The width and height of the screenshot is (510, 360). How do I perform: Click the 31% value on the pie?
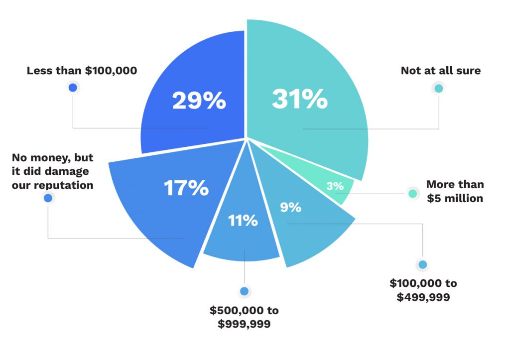pos(299,100)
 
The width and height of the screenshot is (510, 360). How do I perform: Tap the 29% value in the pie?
pos(199,101)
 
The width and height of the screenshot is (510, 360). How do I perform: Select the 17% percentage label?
pos(186,188)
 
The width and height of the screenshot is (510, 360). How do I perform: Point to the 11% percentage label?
pos(243,220)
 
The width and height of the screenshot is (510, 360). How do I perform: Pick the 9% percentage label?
pos(290,207)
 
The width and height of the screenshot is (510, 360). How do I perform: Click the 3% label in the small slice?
pos(335,186)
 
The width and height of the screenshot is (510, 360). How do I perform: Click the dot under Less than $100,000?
pos(73,88)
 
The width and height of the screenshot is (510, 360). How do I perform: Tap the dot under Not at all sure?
pos(438,89)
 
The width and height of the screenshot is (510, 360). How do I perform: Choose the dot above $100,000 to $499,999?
pos(423,265)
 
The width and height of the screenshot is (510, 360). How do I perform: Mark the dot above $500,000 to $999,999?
pos(244,291)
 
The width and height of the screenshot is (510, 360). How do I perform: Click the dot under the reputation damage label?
pos(48,198)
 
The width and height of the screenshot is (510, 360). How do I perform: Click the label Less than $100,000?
pos(82,71)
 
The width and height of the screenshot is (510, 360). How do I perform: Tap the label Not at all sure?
pos(441,71)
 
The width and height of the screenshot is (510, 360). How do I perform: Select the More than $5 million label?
pos(455,191)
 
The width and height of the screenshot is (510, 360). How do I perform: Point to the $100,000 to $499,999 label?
pos(423,290)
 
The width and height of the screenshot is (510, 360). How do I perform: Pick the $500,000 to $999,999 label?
pos(244,317)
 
